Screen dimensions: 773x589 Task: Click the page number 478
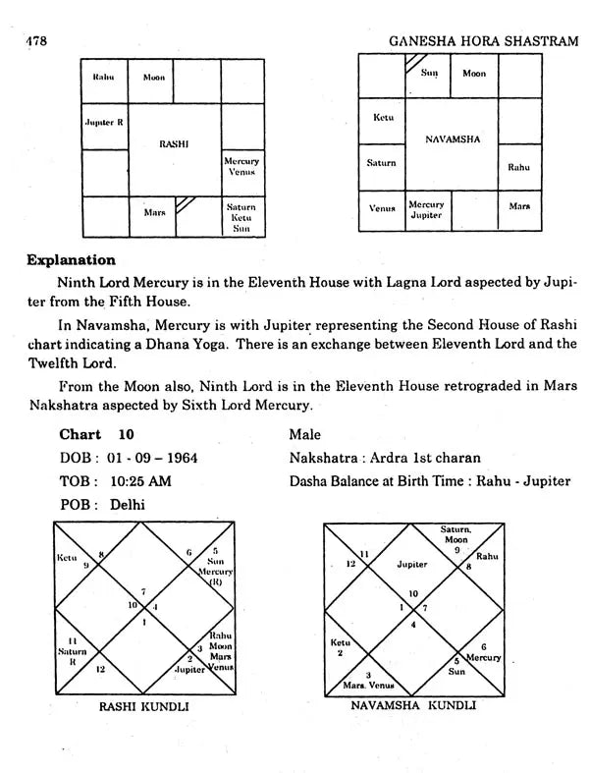[34, 40]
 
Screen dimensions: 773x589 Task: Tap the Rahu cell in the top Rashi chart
[105, 77]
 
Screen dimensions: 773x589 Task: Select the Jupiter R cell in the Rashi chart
[105, 124]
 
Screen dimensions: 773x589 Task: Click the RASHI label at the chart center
[174, 143]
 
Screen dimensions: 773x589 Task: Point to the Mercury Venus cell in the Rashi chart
[241, 166]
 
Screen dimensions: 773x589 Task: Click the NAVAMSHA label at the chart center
[453, 139]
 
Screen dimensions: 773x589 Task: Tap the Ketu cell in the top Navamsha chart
[383, 118]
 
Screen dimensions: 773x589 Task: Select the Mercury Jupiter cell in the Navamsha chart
[426, 210]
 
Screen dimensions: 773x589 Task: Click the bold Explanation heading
[71, 260]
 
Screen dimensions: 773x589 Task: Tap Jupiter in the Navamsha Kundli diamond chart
[412, 565]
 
